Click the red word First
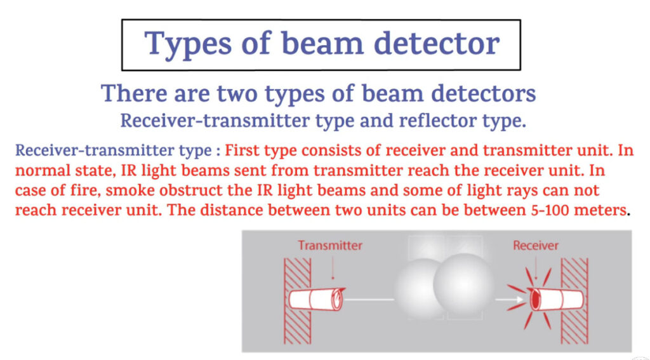point(242,150)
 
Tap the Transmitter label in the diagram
point(330,246)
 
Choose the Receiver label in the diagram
point(536,246)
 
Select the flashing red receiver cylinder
point(555,299)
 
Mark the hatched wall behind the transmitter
point(297,301)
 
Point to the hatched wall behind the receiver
point(574,301)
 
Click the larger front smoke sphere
point(463,284)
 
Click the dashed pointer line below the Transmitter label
point(333,267)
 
